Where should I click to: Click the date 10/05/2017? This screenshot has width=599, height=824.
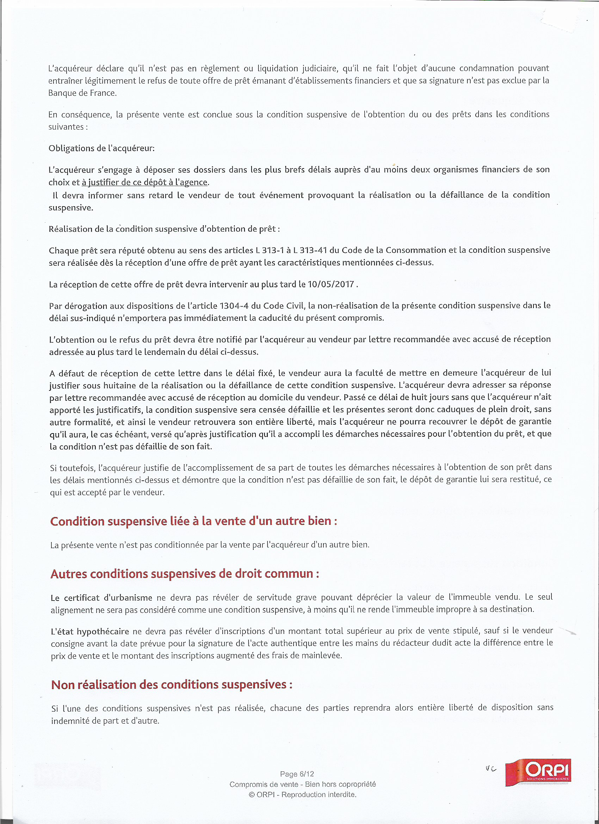click(331, 284)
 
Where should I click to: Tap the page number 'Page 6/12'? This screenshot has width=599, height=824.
click(297, 774)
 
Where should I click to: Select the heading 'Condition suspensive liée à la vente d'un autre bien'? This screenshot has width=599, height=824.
click(193, 521)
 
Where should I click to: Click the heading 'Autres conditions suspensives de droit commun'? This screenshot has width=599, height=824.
click(185, 574)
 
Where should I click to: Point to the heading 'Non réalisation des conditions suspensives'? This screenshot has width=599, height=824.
click(172, 684)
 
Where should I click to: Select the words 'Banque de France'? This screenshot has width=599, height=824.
click(82, 93)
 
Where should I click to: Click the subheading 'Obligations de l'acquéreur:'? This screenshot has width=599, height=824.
click(102, 148)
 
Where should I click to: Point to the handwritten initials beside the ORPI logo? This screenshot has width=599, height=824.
click(491, 769)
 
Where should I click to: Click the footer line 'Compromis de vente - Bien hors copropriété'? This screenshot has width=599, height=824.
click(303, 784)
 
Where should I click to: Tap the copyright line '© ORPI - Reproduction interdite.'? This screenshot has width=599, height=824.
click(303, 794)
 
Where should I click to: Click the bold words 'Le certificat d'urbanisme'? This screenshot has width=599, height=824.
click(101, 598)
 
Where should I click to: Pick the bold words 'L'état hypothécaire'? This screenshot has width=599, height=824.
click(90, 631)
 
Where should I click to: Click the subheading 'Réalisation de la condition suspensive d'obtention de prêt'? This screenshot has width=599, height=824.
click(164, 229)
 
